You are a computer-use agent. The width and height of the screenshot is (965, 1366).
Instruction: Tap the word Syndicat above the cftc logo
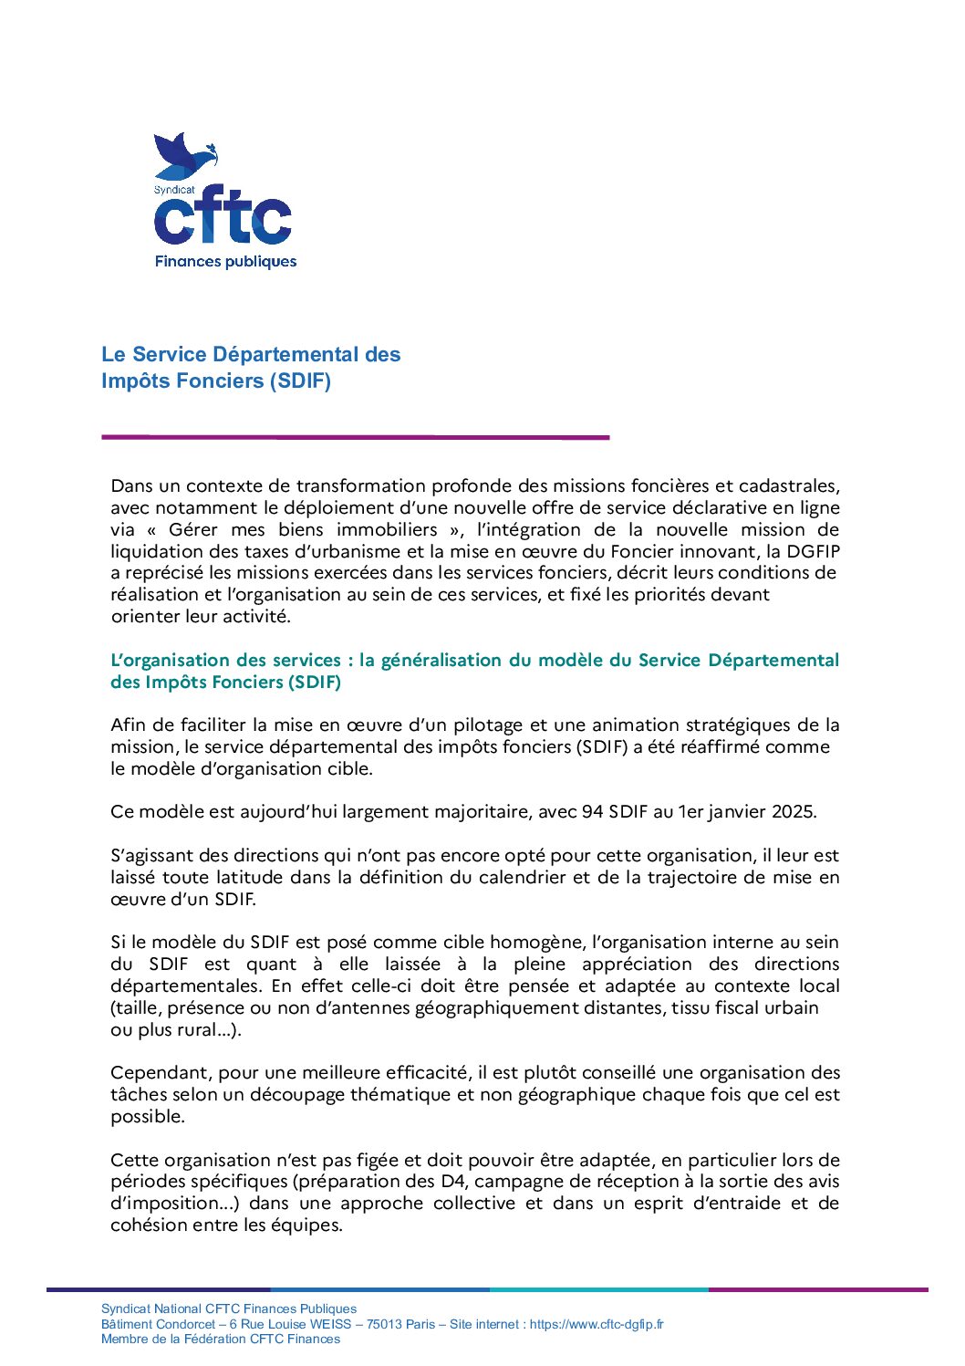point(174,190)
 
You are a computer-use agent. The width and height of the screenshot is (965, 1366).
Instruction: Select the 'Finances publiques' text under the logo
point(225,262)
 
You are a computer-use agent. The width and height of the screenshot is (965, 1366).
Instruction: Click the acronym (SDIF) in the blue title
point(300,381)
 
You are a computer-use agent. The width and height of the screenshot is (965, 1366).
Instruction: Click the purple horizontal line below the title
point(355,437)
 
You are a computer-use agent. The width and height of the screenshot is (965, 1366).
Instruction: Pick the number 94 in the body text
point(593,811)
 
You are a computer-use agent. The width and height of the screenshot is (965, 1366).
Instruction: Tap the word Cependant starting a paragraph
point(159,1072)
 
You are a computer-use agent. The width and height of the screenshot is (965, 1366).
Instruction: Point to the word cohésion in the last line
point(149,1225)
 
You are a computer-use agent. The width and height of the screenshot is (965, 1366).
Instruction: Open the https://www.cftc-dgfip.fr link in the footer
point(597,1324)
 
